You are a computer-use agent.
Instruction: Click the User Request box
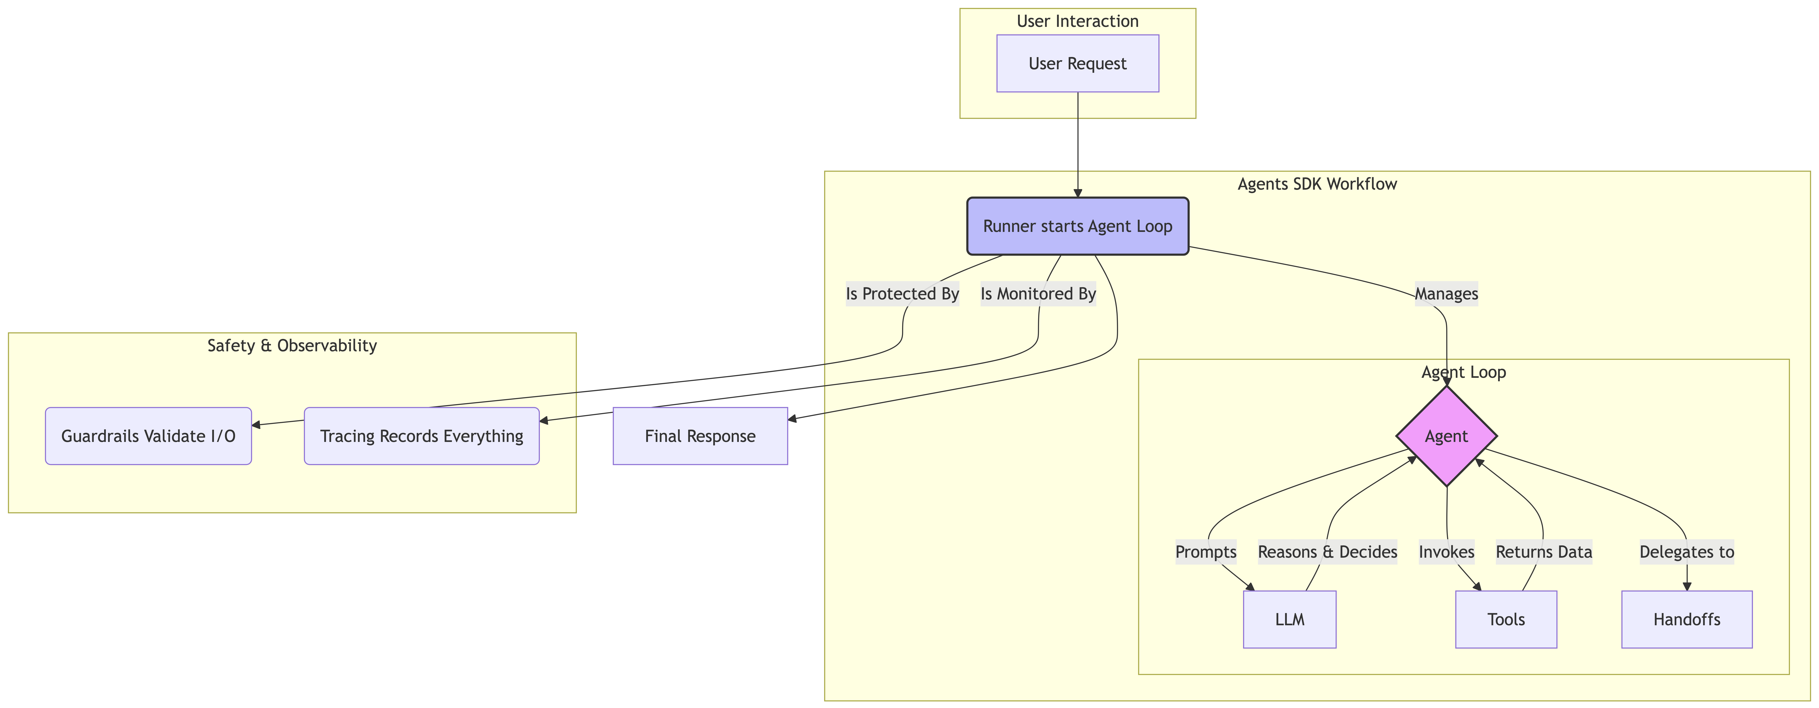point(1078,64)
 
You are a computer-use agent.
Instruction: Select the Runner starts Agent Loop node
point(1078,226)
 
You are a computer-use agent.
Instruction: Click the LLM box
point(1289,619)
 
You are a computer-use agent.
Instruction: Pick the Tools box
point(1506,619)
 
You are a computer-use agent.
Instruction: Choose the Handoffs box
point(1687,619)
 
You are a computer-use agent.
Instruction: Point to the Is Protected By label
point(902,294)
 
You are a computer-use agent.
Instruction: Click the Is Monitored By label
point(1038,294)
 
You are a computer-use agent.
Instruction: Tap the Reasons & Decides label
point(1328,552)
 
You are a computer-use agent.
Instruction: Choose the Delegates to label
point(1687,552)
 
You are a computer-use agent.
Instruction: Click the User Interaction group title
point(1078,21)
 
